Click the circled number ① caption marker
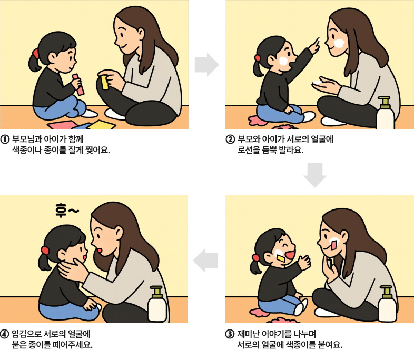tap(5, 139)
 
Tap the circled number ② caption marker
tap(230, 139)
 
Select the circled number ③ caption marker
tap(230, 334)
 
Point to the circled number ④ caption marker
tap(5, 334)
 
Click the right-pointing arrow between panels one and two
tap(206, 65)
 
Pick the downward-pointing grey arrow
tap(315, 175)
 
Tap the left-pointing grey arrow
tap(205, 261)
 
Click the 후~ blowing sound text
tap(67, 210)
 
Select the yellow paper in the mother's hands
tap(105, 82)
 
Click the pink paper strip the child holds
tap(78, 84)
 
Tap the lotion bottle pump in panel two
tap(384, 102)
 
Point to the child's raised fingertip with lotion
tap(319, 40)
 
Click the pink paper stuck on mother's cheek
tap(334, 245)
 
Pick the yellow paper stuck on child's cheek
tap(281, 258)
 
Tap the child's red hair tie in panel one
tap(35, 54)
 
